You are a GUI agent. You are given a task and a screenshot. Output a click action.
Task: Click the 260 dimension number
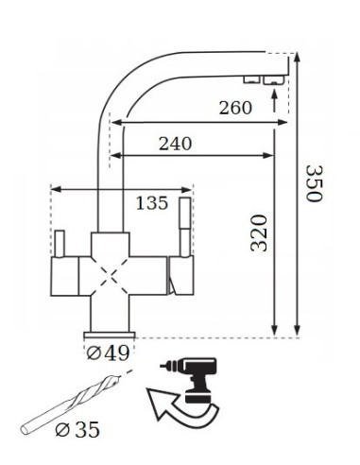click(235, 108)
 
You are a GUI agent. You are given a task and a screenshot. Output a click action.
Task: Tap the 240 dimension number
click(175, 144)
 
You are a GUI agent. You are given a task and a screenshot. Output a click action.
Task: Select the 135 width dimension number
click(152, 203)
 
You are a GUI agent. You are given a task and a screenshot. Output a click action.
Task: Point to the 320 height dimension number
click(259, 232)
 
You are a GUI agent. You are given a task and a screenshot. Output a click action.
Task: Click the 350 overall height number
click(315, 183)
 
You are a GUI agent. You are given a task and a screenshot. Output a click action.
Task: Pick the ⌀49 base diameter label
click(108, 353)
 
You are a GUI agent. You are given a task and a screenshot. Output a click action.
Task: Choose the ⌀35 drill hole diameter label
click(77, 429)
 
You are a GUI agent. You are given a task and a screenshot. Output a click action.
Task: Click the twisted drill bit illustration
click(70, 404)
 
